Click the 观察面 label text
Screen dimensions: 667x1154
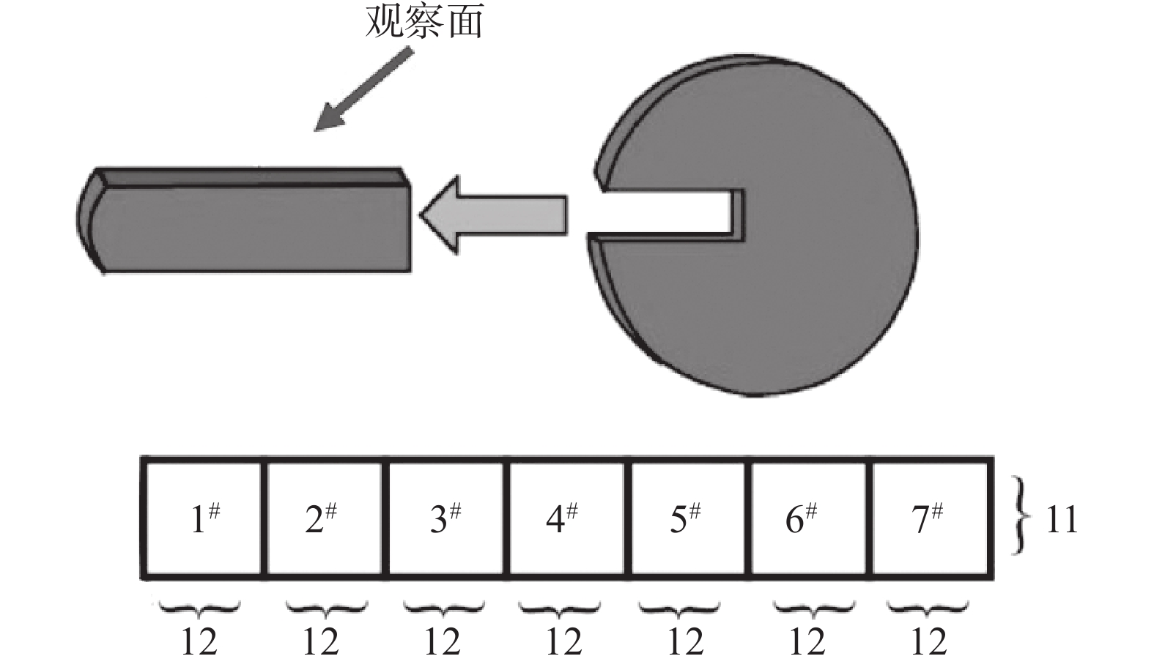[423, 21]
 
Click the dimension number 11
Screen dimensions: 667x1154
[1061, 520]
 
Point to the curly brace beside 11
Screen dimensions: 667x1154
[1021, 516]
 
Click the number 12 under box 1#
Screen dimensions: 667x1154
[199, 642]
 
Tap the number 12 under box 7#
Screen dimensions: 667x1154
[928, 642]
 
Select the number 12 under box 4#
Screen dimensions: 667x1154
[563, 642]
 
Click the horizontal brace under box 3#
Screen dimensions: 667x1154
[443, 608]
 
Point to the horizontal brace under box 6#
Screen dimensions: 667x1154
[814, 608]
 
